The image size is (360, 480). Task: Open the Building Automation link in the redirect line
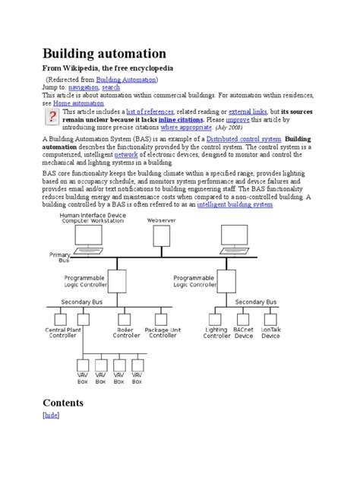[x=126, y=79]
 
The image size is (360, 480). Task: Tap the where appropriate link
[x=186, y=128]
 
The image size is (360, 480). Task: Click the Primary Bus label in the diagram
[x=60, y=257]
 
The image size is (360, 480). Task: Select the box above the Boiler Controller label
[x=125, y=320]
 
